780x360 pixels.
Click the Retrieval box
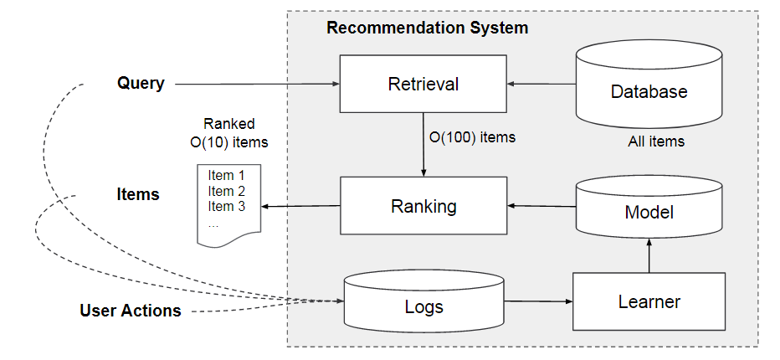423,84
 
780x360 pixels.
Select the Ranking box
423,206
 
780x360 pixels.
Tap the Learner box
649,301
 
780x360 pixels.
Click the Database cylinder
649,88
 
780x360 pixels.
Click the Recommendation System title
427,28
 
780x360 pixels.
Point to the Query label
141,84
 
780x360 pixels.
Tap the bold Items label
137,194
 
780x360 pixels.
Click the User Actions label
131,311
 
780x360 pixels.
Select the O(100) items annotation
471,136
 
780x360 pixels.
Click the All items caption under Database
655,141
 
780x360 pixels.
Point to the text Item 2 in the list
226,191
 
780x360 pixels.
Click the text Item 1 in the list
226,176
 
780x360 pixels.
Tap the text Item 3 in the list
226,206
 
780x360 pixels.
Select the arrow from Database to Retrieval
541,84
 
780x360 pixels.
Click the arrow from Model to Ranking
541,206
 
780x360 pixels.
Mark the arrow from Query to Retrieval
255,84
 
